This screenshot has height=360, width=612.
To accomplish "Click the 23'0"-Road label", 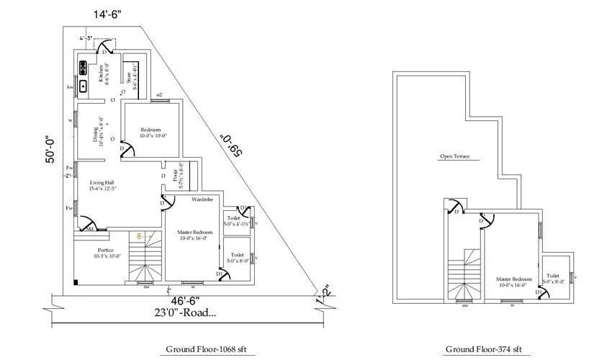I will click(x=185, y=312).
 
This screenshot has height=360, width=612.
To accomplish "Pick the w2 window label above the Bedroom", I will click(x=159, y=94).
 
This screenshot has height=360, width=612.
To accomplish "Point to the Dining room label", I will click(x=99, y=130).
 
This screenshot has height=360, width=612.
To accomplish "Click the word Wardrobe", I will click(x=202, y=199).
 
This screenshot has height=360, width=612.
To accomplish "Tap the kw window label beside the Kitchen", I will click(x=71, y=87).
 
